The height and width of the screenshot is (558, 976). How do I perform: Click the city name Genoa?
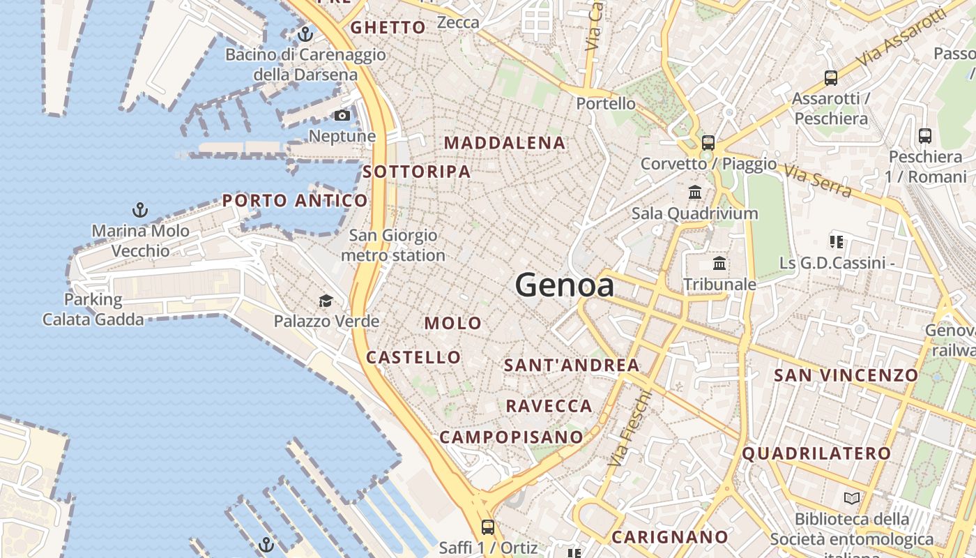coord(564,285)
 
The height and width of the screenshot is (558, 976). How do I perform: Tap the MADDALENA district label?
coord(505,143)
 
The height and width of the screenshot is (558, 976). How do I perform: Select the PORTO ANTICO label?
coord(295,201)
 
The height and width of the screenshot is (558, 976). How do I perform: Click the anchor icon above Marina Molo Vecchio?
coord(140,209)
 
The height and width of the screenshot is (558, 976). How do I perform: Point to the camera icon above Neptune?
coord(342,115)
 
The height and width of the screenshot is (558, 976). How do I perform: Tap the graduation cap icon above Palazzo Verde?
coord(326,301)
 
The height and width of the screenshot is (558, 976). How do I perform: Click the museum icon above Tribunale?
coord(719,264)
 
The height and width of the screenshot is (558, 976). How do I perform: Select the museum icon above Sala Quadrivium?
coord(694,192)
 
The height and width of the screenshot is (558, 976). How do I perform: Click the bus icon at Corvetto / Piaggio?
coord(708,143)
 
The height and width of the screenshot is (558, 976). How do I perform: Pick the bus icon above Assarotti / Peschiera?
coord(830,77)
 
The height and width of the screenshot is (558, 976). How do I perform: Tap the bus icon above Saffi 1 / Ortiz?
coord(488,527)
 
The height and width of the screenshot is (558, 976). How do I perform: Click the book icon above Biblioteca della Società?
coord(852,498)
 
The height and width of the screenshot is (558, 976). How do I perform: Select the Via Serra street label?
coord(817,181)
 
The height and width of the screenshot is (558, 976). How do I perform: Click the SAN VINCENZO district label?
coord(846,375)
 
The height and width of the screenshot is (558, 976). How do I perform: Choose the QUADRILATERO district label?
coord(816,453)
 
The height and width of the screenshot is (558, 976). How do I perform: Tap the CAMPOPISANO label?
coord(511,437)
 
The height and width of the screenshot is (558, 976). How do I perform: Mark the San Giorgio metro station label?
coord(393,246)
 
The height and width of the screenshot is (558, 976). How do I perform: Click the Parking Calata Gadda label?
coord(93,310)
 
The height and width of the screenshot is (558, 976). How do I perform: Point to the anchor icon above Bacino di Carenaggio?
coord(305,33)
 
